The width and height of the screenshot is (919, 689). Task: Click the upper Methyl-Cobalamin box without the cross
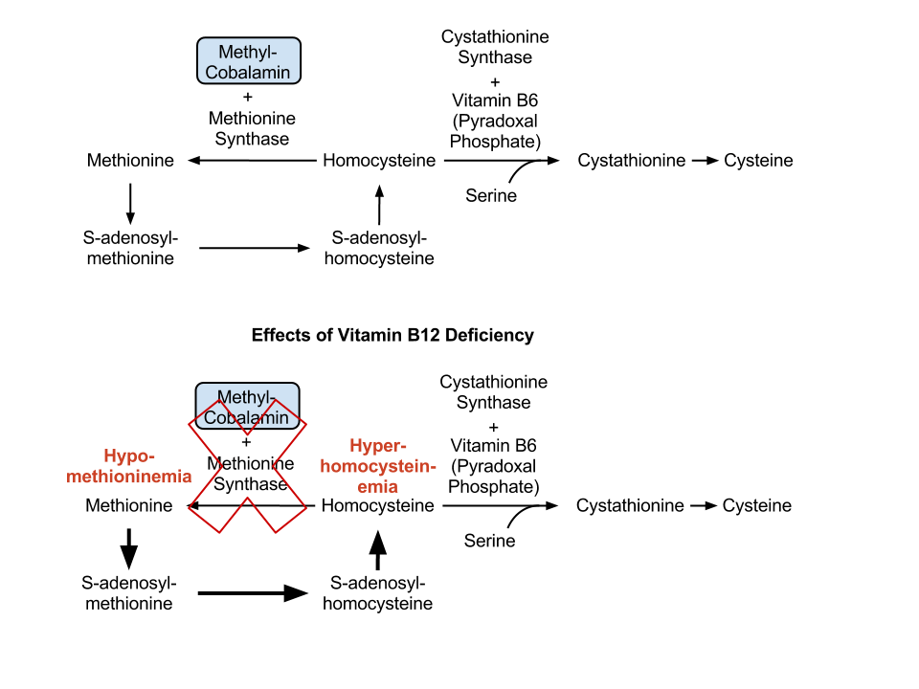(249, 60)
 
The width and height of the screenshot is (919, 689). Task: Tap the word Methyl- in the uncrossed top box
(248, 52)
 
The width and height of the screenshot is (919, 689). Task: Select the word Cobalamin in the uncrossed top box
(249, 72)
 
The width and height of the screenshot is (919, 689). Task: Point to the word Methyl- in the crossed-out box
(247, 396)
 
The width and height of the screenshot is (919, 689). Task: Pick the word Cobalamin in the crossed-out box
(247, 417)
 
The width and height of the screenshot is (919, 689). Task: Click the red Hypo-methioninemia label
(129, 466)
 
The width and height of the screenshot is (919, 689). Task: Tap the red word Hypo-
(129, 456)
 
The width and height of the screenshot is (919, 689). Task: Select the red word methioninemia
(129, 477)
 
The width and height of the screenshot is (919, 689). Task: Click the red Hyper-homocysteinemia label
(378, 466)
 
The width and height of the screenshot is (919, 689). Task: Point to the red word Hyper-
(378, 445)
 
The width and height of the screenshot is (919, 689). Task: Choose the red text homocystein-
(378, 466)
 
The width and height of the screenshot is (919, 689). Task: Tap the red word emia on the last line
(378, 487)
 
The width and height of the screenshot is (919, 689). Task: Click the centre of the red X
(248, 467)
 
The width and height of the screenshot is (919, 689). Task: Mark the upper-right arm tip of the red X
(290, 412)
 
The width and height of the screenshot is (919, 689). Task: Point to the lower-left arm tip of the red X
(205, 520)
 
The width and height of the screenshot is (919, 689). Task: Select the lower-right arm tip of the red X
(291, 520)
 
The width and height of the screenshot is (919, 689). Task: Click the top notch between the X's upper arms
(248, 433)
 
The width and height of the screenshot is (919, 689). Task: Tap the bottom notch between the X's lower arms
(248, 500)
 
